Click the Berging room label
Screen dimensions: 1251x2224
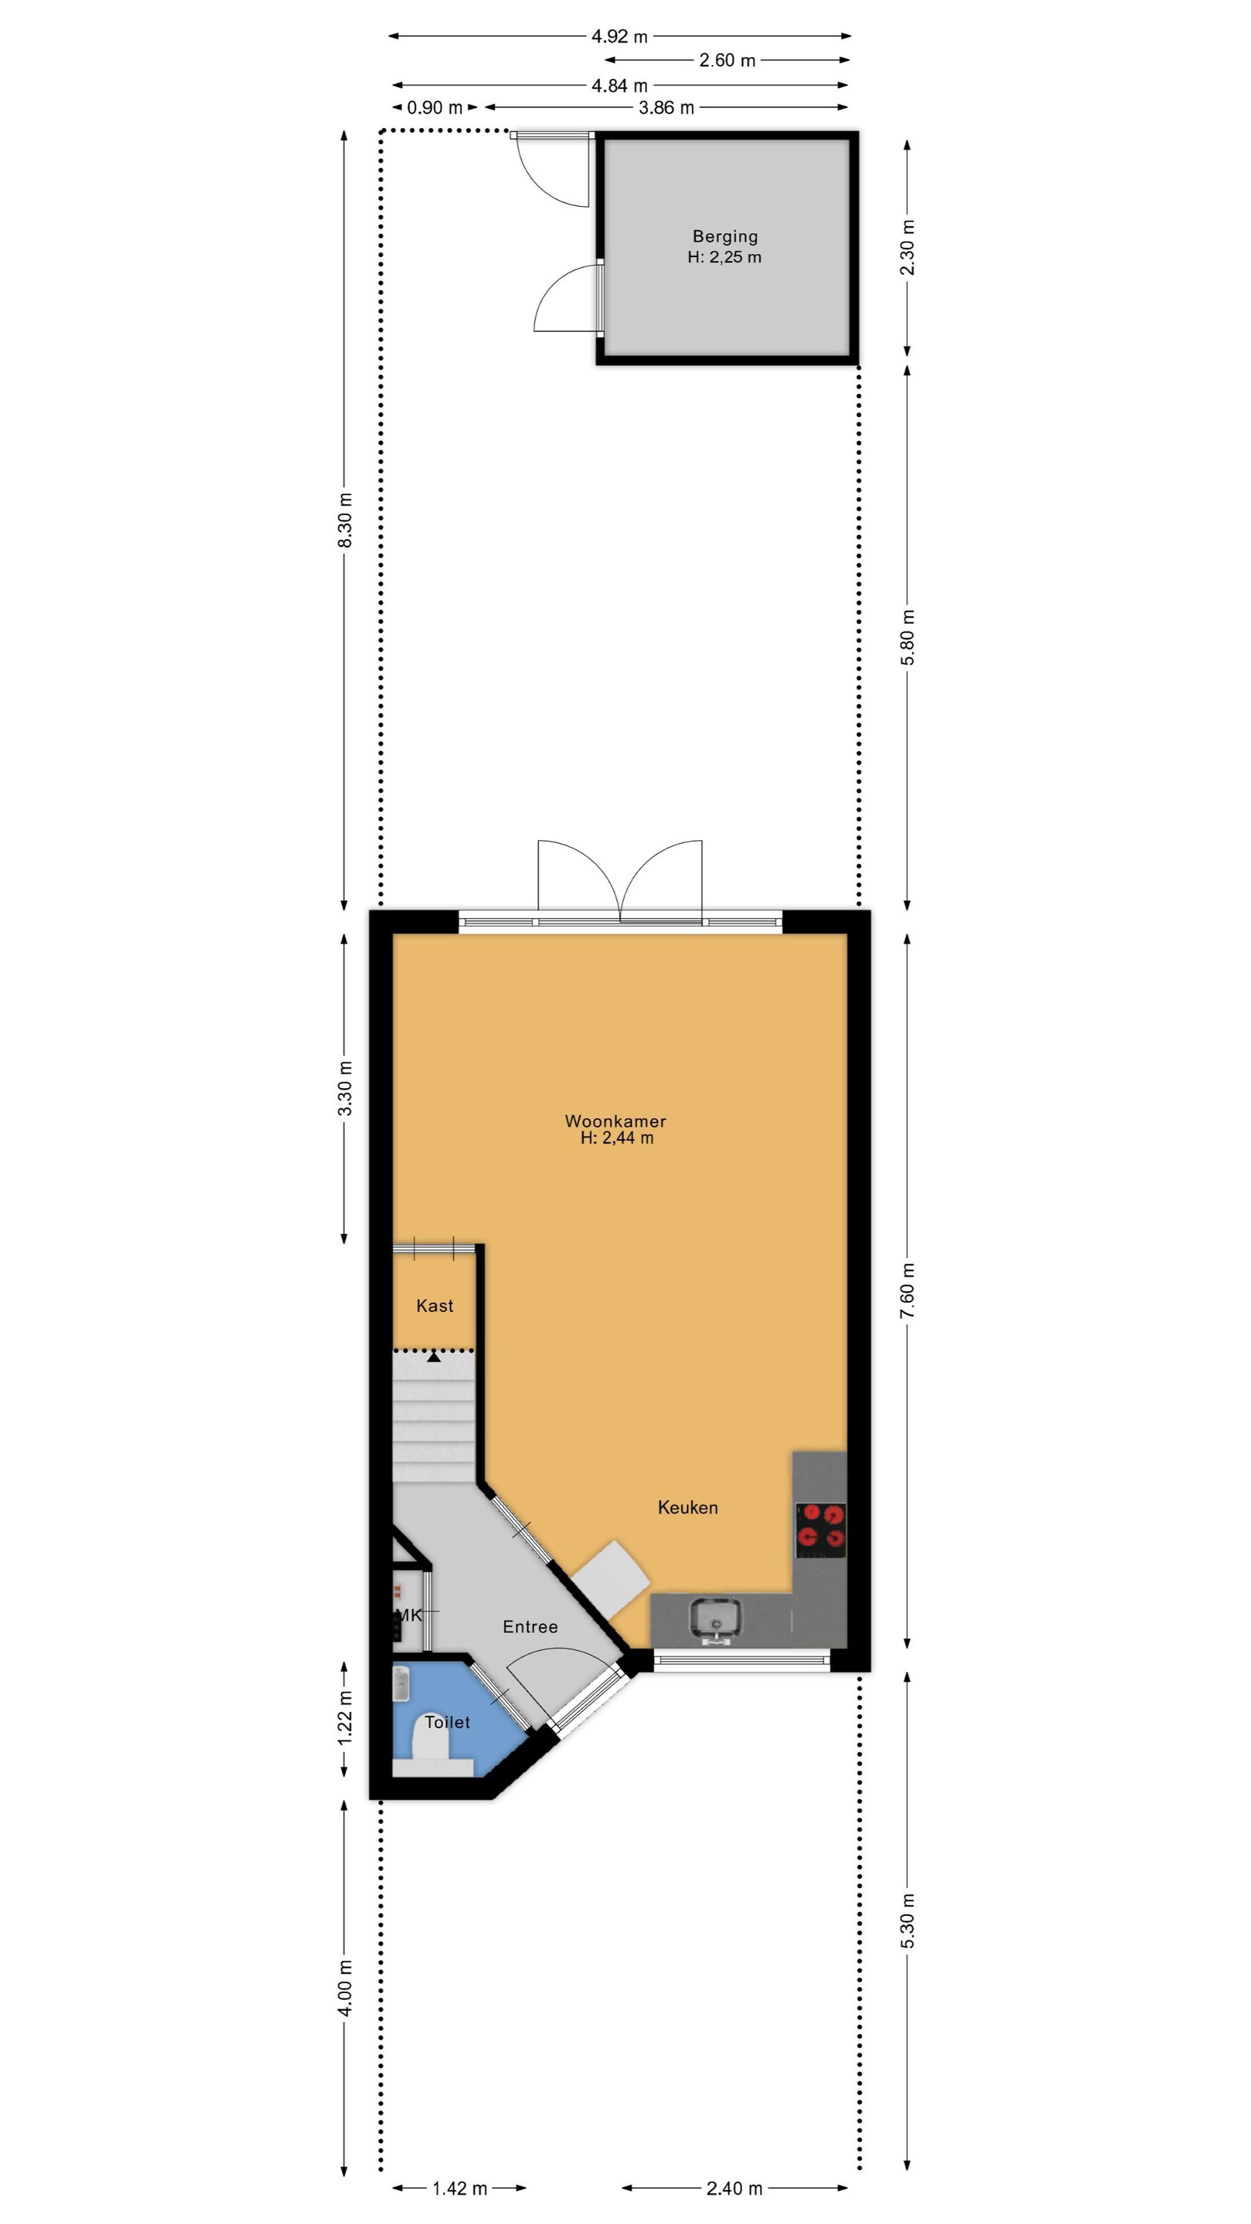[x=724, y=236]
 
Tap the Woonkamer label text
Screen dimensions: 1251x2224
[x=615, y=1120]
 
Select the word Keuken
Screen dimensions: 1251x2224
[x=687, y=1507]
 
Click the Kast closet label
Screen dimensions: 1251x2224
[x=434, y=1305]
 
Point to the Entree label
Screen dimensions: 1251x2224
[x=530, y=1626]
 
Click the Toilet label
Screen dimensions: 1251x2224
[x=447, y=1721]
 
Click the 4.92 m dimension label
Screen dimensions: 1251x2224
[x=619, y=36]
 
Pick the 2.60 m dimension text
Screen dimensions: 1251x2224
[x=727, y=59]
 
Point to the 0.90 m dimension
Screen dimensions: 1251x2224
[x=435, y=107]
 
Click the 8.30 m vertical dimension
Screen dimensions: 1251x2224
[x=344, y=520]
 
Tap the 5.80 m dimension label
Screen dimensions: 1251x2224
[x=907, y=637]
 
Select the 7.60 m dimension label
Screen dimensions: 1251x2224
[x=907, y=1290]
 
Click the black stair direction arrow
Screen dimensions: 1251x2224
[x=434, y=1356]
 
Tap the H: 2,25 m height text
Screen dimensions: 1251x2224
[x=724, y=256]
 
